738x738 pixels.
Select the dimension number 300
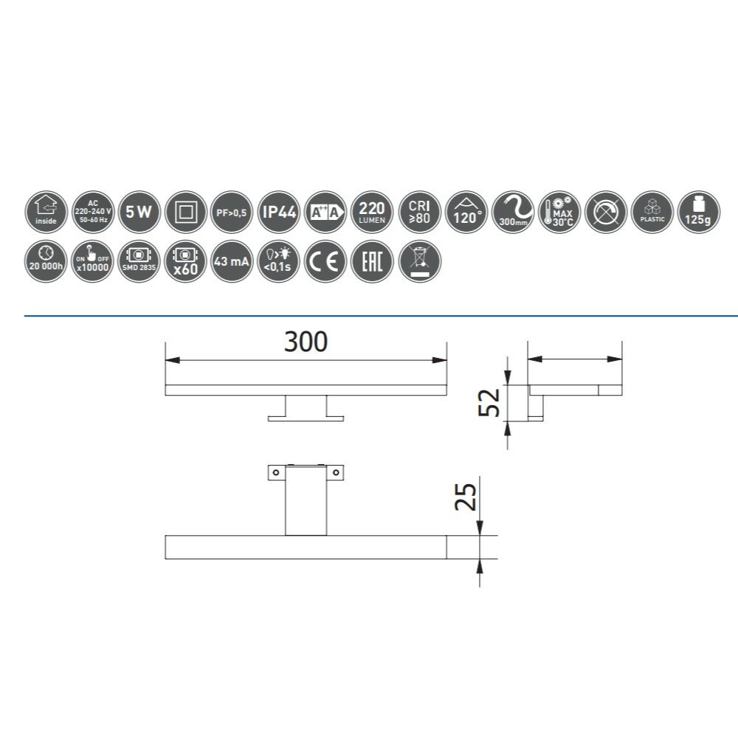coord(306,342)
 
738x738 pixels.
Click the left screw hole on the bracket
coord(275,472)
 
